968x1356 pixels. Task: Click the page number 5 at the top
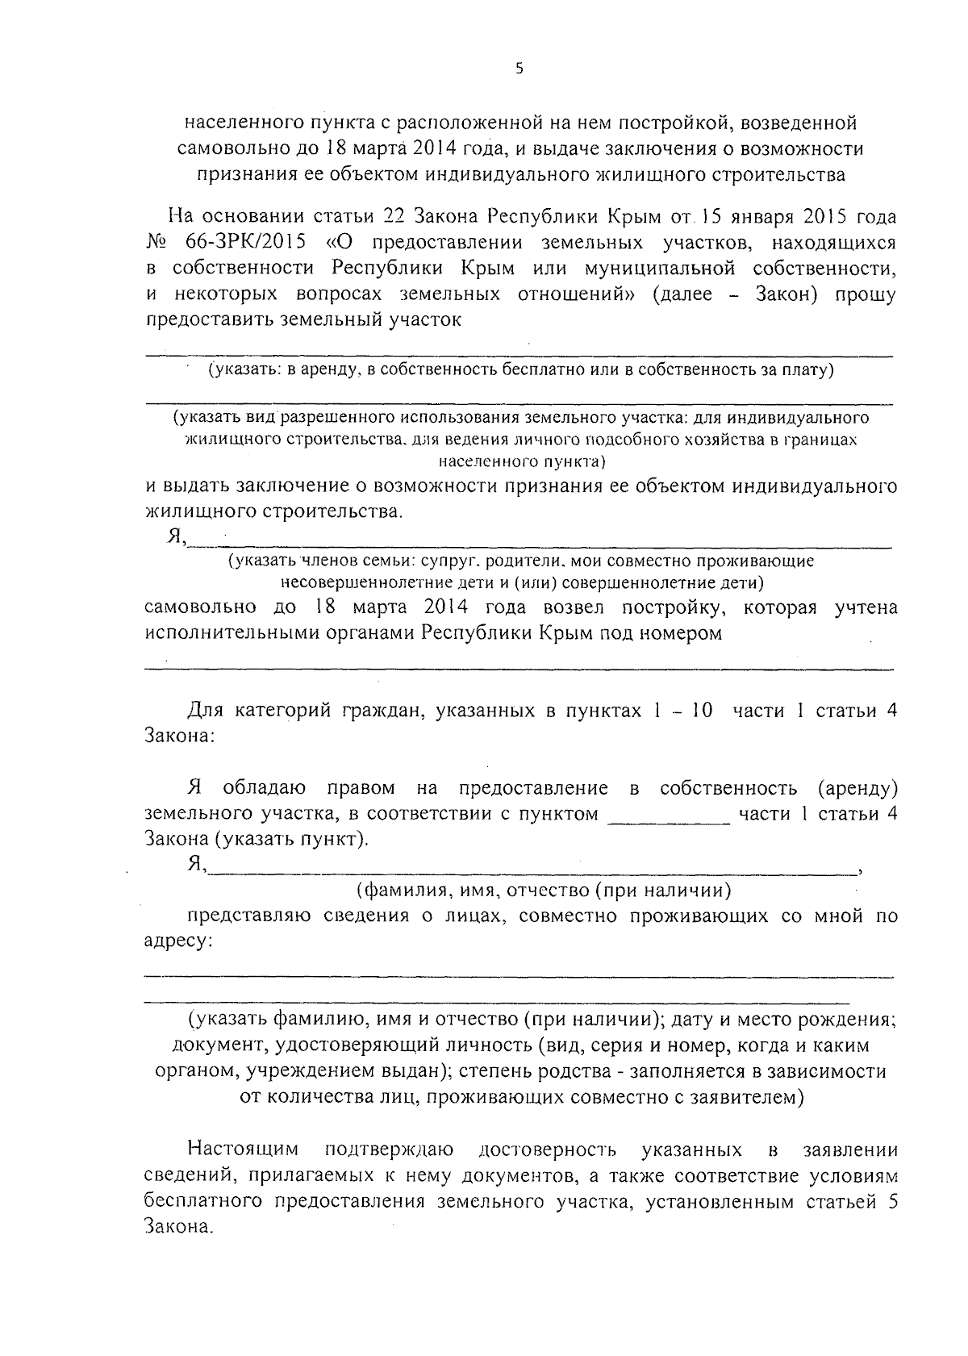519,69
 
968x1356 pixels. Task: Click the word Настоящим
243,1149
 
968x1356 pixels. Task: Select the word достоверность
548,1149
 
